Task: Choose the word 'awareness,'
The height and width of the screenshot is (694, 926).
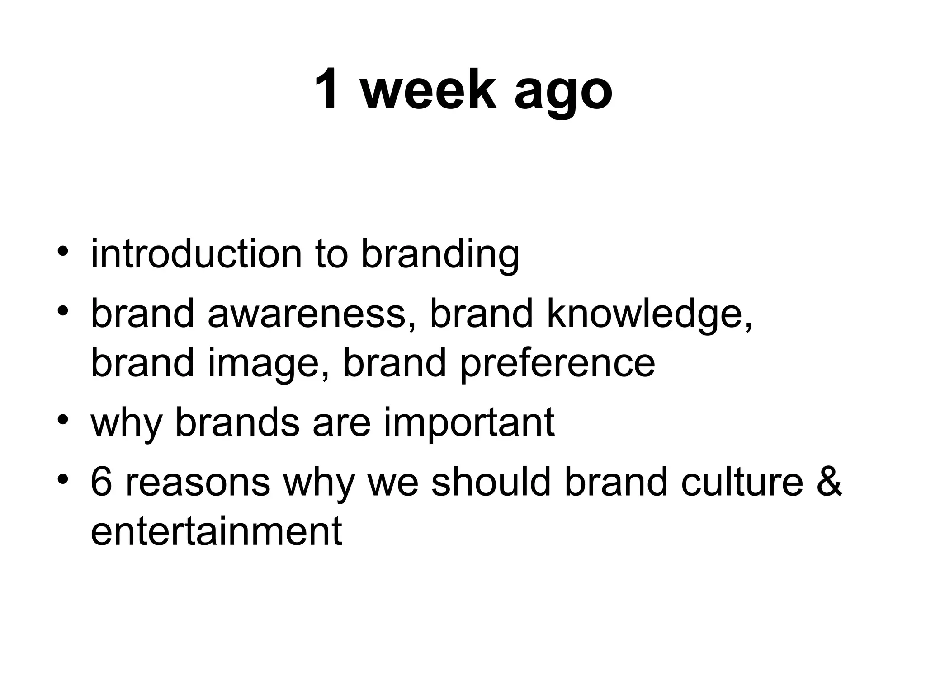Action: [x=311, y=314]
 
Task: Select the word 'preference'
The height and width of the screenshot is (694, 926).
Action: [x=557, y=364]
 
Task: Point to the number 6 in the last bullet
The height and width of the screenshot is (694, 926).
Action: [x=101, y=482]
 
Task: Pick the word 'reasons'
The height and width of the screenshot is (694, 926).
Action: [x=198, y=483]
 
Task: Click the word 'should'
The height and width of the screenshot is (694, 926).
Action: [x=491, y=482]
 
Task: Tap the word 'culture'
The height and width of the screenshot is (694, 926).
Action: [x=742, y=482]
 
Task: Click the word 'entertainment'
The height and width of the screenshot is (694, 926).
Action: [x=216, y=531]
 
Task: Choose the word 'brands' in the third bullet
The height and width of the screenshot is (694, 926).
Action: [x=237, y=423]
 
